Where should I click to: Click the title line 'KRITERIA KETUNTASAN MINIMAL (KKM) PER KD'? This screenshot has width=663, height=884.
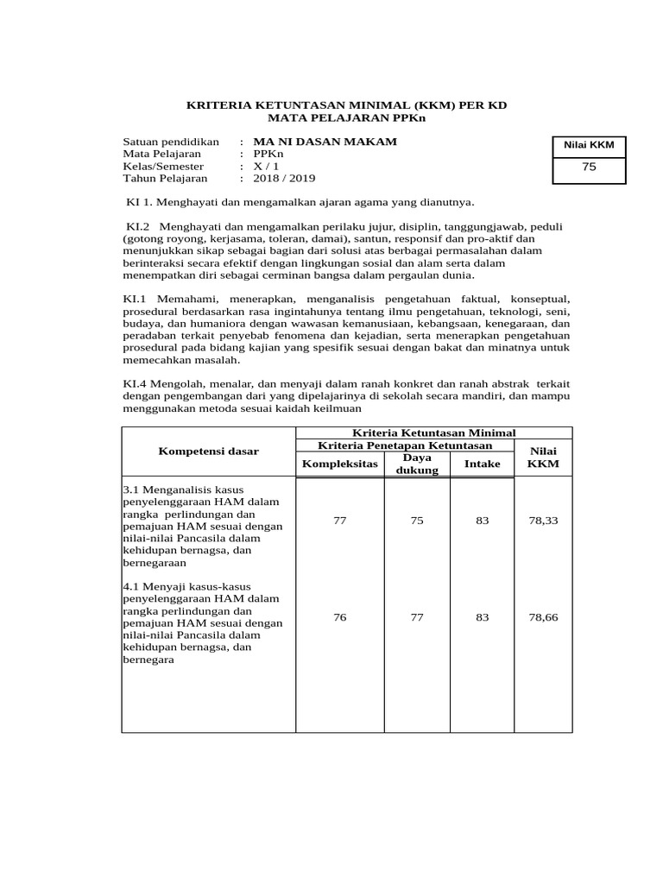347,105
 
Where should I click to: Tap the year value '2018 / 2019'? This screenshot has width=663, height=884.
284,178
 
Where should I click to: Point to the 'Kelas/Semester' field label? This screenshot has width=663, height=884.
163,166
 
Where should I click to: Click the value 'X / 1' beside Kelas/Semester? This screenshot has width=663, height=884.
267,166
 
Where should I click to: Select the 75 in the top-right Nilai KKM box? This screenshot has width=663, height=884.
589,167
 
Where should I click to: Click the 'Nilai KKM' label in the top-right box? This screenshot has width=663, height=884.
589,145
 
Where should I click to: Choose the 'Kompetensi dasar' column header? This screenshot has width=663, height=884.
208,451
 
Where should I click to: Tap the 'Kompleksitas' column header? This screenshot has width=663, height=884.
339,464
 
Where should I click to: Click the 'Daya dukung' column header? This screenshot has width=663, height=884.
417,464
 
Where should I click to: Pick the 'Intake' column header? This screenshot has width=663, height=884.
482,464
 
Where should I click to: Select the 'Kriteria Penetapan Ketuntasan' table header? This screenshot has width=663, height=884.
405,445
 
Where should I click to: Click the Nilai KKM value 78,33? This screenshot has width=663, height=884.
544,521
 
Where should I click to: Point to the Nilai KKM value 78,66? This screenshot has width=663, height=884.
544,617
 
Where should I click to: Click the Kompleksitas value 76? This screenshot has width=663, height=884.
339,617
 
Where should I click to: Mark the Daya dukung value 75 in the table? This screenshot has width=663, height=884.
417,521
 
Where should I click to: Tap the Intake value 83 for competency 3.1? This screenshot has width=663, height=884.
482,521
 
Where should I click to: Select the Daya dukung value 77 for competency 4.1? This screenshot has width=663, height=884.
417,617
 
